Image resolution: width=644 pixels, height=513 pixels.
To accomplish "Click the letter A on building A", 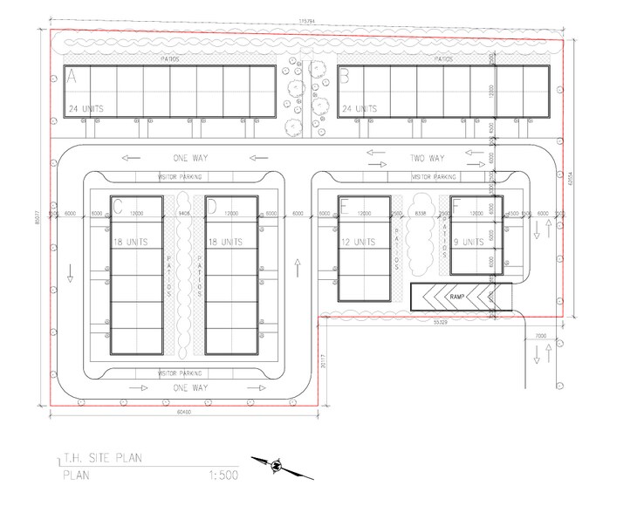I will (72, 78).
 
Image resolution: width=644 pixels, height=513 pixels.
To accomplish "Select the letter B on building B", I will (344, 78).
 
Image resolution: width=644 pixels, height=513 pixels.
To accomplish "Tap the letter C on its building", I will (117, 207).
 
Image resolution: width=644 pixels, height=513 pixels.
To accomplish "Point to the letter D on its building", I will (211, 207).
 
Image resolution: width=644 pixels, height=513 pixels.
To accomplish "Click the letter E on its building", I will (345, 207).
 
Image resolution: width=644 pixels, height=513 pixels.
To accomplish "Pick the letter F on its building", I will (456, 207).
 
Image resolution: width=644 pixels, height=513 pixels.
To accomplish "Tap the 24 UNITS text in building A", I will (88, 109).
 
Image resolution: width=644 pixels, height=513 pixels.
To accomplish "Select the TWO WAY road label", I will (428, 158).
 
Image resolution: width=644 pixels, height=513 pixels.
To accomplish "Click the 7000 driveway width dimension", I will (540, 334).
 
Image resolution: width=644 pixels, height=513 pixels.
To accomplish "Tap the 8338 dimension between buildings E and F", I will (420, 213).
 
